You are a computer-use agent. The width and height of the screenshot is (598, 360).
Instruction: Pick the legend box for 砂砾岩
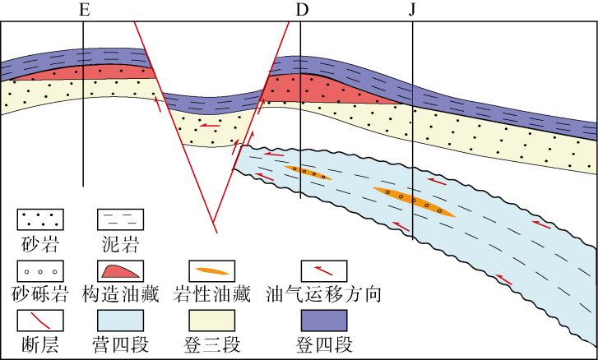coord(40,271)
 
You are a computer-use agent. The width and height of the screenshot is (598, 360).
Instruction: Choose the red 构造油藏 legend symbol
coord(121,271)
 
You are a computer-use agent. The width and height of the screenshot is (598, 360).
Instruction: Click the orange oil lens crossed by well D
coord(306,173)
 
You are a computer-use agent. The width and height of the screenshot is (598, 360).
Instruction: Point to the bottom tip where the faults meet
coord(214,222)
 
